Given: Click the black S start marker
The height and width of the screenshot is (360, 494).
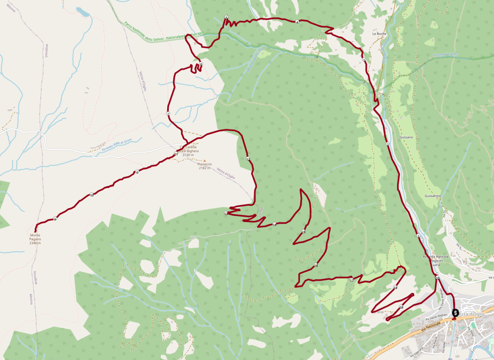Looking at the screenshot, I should click(x=455, y=313).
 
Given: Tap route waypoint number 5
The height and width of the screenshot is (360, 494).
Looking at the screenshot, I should click(x=226, y=17).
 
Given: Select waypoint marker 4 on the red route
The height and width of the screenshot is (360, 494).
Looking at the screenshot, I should click(x=297, y=22).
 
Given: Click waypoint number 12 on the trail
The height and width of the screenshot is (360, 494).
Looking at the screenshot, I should click(x=248, y=159).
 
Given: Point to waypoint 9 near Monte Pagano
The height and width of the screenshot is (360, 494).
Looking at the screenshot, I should click(x=55, y=219).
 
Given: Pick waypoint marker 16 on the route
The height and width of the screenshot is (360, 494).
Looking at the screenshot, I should click(x=316, y=265).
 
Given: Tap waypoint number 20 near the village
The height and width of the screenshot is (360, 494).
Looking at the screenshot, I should click(x=437, y=278).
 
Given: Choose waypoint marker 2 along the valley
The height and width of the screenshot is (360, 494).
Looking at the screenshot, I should click(x=388, y=144).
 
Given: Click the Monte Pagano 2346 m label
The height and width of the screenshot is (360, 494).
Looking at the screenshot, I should click(x=35, y=239).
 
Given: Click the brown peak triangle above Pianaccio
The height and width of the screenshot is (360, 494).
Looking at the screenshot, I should click(x=205, y=160).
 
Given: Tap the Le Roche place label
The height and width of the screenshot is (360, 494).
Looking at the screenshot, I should click(x=378, y=33).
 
